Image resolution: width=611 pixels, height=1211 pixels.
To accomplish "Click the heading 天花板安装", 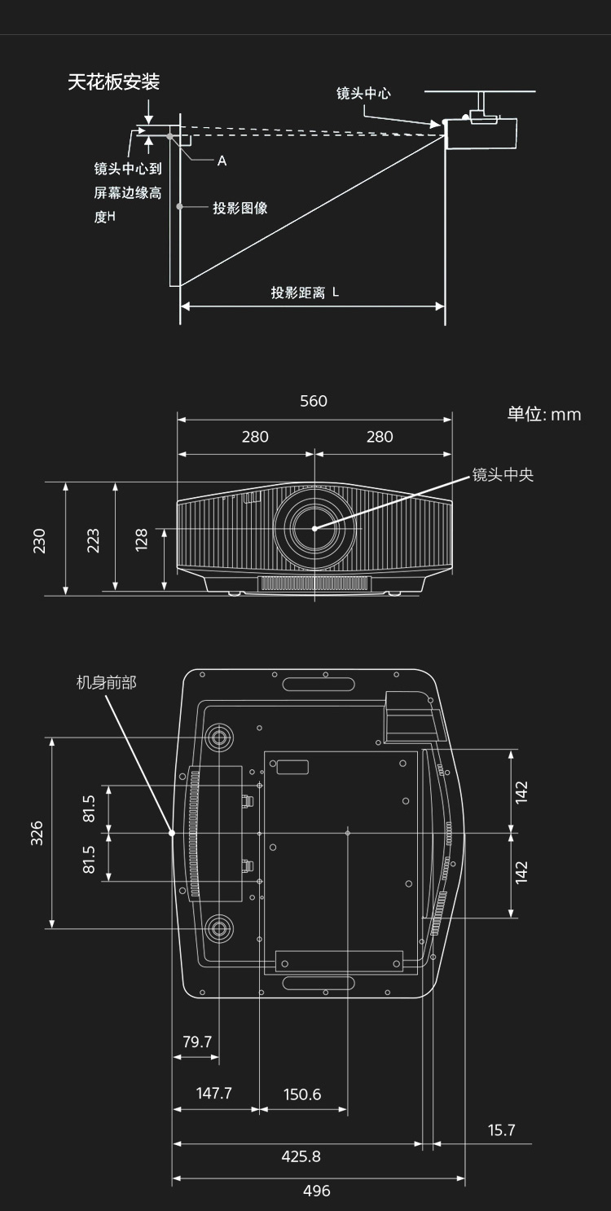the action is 113,82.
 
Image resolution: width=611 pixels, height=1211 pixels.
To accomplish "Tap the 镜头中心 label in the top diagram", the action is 363,94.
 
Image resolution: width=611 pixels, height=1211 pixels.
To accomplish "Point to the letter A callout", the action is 222,161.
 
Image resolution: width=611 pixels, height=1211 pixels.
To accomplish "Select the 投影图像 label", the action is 240,208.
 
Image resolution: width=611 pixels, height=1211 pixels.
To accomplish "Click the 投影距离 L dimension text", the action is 305,293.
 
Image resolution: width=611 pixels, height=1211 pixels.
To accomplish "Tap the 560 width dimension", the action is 314,401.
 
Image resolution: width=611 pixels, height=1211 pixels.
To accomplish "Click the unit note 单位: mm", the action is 544,414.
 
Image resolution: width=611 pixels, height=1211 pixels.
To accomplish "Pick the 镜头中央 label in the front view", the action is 503,474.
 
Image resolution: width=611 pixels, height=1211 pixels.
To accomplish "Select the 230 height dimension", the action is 39,540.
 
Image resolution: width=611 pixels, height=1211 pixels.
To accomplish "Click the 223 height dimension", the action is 93,540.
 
